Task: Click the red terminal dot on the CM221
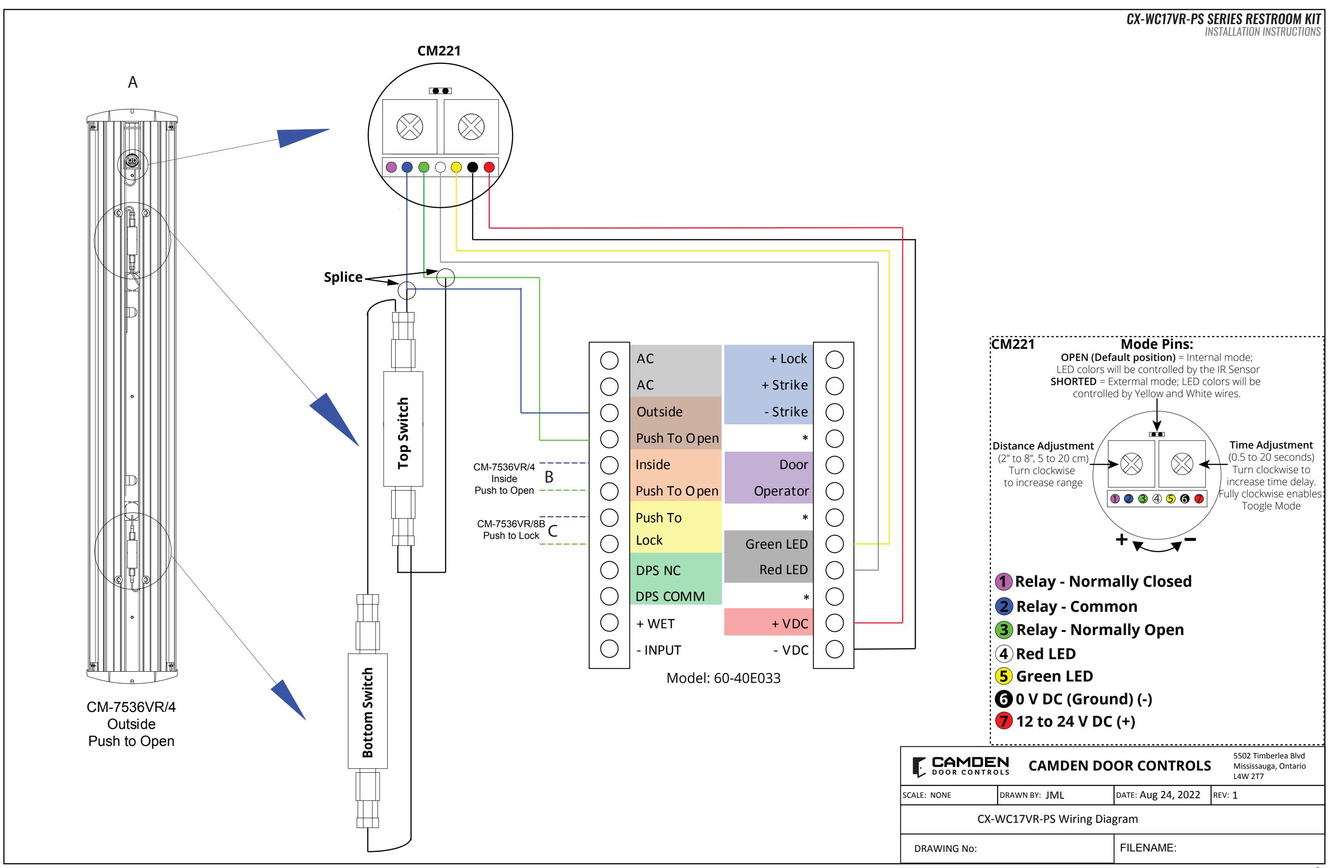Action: pos(489,167)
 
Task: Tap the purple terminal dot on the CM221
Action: pos(391,167)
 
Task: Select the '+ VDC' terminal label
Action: pos(790,623)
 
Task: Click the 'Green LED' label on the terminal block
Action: pos(776,544)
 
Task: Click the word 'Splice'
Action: pos(343,277)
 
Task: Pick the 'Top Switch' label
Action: pos(403,433)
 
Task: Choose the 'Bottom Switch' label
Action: pos(367,712)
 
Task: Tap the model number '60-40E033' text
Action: pos(747,678)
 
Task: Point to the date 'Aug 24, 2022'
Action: pos(1170,795)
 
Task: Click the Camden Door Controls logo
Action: pos(961,766)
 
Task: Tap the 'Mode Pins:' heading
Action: pos(1157,344)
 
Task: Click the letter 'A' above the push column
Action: pos(132,82)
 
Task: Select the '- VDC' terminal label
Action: pos(791,650)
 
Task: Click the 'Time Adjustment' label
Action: pos(1271,445)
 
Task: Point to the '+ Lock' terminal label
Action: pos(788,359)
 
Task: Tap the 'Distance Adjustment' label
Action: pos(1043,446)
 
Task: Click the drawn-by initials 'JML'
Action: pos(1055,795)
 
